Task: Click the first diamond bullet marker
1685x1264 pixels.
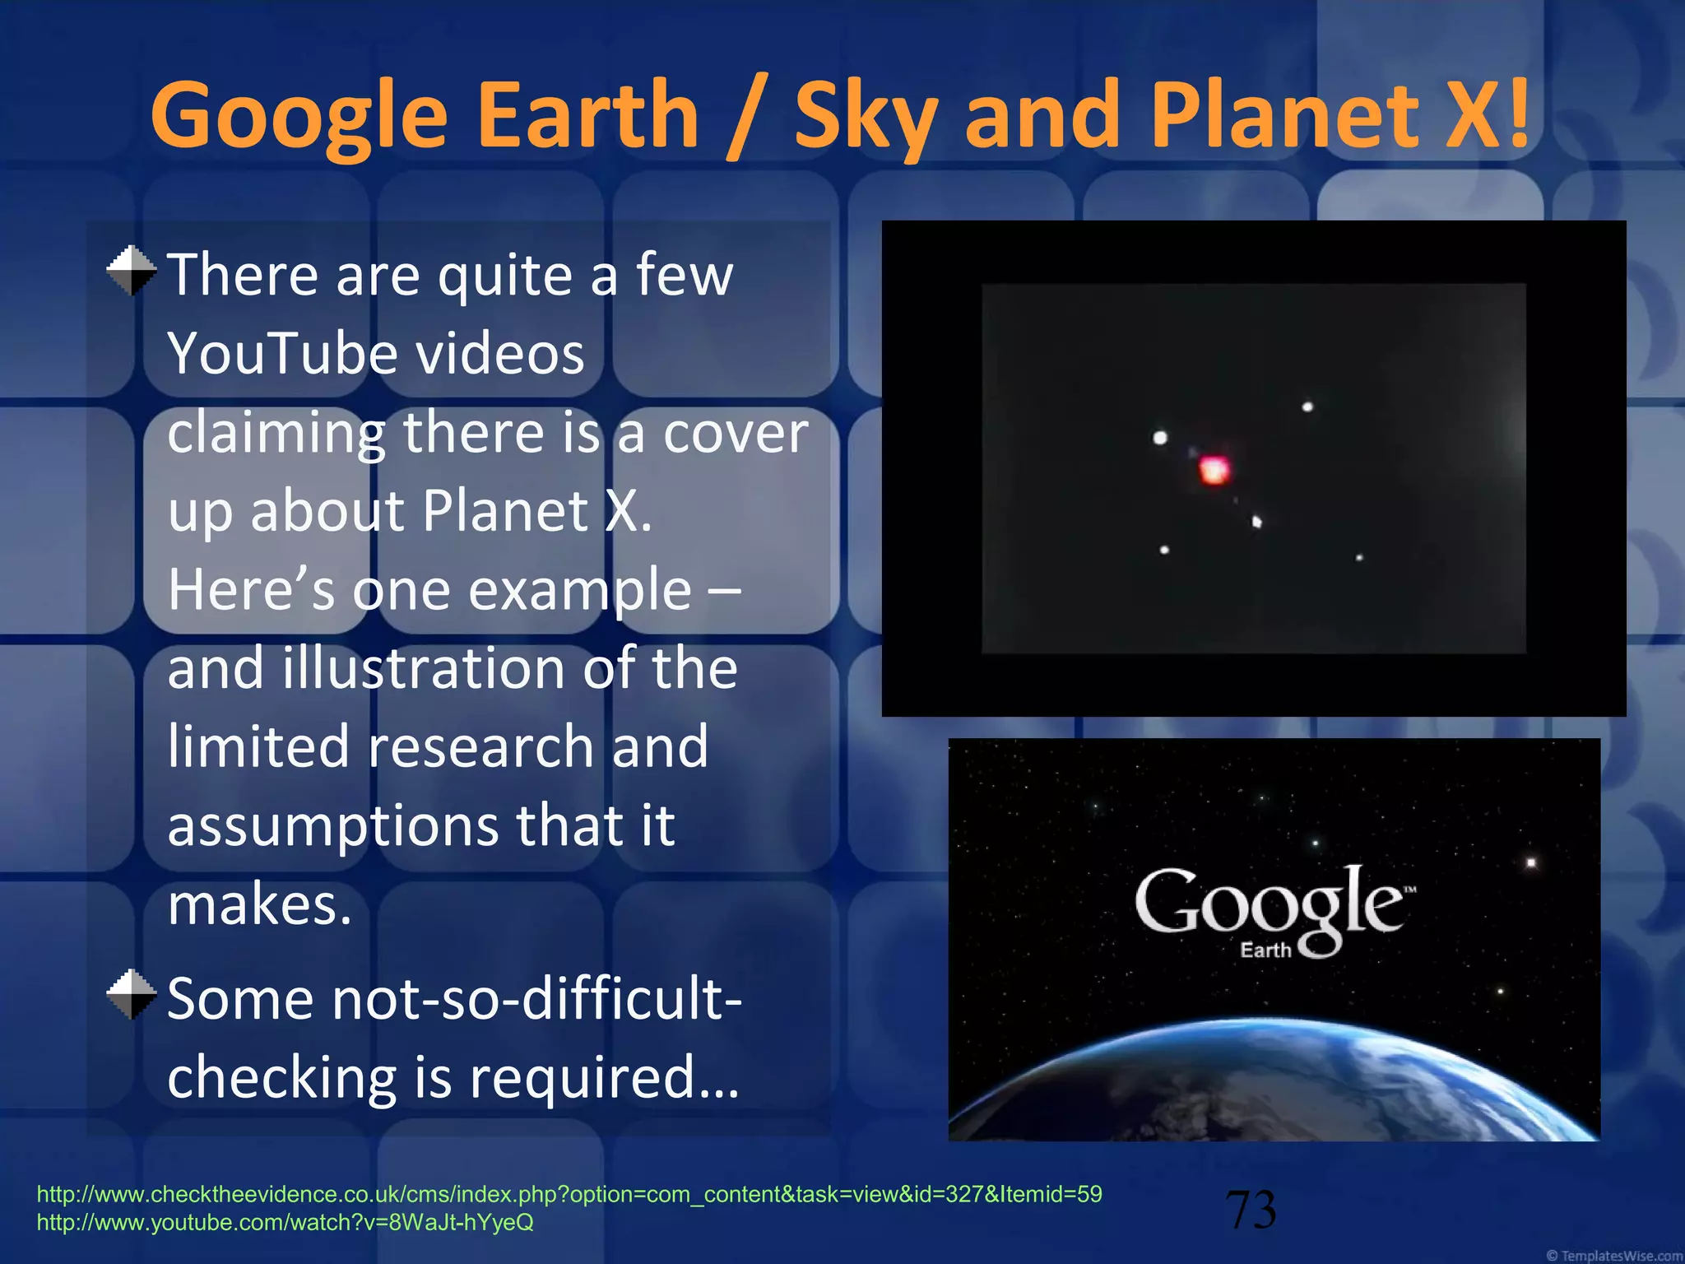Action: click(132, 271)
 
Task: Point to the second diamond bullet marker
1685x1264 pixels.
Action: click(132, 995)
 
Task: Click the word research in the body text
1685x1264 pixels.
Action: click(481, 746)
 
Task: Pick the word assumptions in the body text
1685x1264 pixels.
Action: click(332, 825)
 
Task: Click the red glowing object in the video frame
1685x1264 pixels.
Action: click(1214, 470)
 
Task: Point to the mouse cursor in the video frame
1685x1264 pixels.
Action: click(1256, 522)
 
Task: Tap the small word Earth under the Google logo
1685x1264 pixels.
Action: click(1265, 950)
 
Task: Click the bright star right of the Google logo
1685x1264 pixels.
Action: click(1531, 862)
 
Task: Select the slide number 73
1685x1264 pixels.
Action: click(1251, 1210)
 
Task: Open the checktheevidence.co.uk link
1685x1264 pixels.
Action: click(569, 1194)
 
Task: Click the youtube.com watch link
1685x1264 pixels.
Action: click(285, 1223)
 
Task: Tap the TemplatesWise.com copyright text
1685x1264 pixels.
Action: click(1613, 1256)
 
